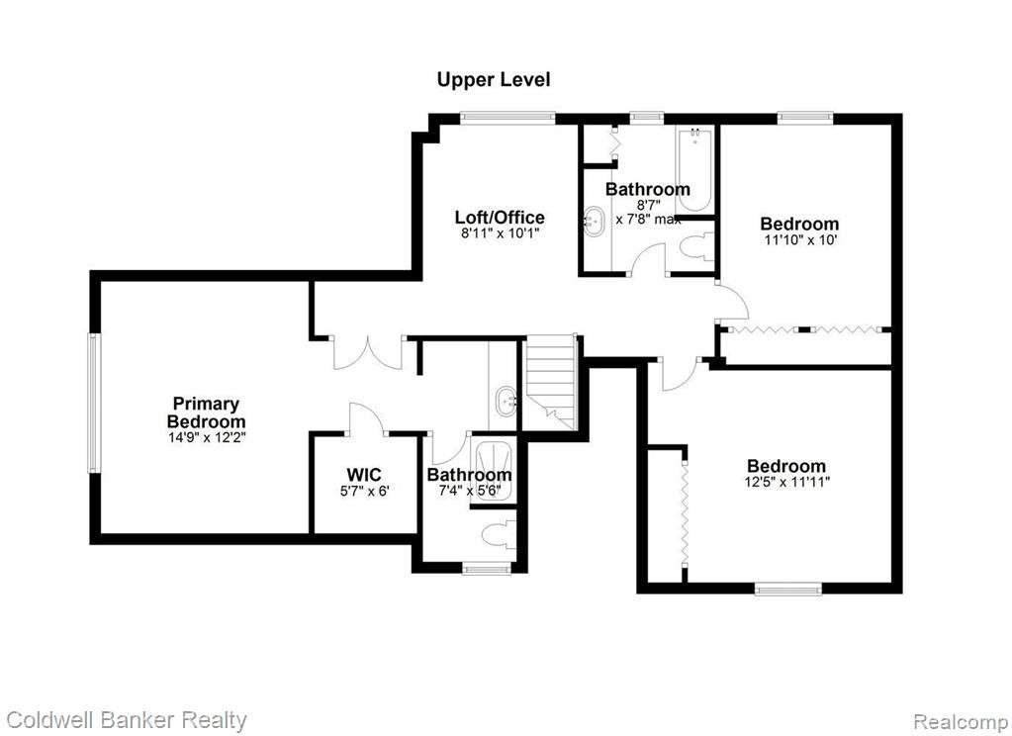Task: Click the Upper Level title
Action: (x=494, y=80)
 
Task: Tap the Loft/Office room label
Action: (x=500, y=217)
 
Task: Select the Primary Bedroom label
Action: (x=206, y=413)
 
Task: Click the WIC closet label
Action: (x=364, y=475)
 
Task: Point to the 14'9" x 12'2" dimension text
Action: (x=206, y=437)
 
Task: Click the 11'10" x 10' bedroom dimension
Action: (x=799, y=240)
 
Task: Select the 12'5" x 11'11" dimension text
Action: (x=786, y=482)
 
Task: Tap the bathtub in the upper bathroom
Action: (x=694, y=169)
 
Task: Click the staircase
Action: (x=550, y=382)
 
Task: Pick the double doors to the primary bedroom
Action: (x=368, y=352)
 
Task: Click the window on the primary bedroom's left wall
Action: (x=94, y=403)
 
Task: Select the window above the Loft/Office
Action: (x=507, y=118)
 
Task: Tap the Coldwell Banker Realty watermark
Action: (x=127, y=720)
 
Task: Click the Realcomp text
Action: (x=961, y=721)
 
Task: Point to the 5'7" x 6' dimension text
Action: (x=365, y=492)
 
